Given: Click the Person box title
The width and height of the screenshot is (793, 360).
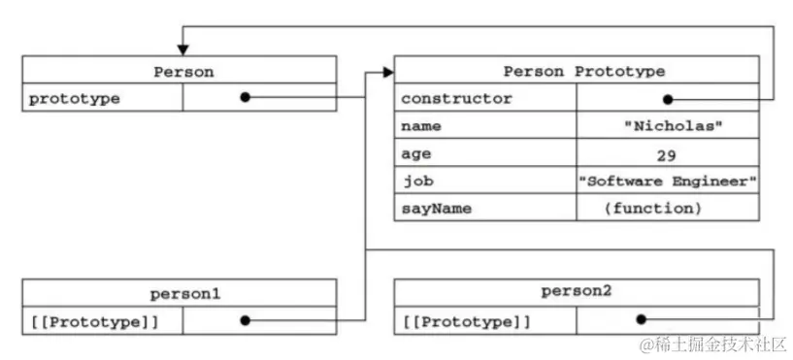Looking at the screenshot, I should pos(182,71).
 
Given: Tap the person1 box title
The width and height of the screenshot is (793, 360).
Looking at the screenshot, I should pos(182,292).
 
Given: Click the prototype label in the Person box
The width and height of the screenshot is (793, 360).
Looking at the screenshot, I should pos(76,98).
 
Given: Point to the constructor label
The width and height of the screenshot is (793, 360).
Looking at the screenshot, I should pos(456,98).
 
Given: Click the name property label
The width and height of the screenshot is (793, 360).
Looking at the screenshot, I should pos(420,126).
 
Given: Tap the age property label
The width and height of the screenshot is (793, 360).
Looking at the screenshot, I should pos(416,153).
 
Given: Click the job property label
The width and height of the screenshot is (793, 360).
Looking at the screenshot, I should pos(416,180).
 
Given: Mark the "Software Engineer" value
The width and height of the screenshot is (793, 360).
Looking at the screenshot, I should pos(667,180).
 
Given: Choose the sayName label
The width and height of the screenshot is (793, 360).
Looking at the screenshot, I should pos(433,208).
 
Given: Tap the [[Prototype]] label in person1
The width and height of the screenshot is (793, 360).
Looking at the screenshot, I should pos(93,319).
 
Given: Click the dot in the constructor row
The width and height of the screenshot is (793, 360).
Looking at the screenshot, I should pos(668,98).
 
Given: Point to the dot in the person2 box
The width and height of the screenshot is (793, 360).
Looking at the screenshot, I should pos(641,319).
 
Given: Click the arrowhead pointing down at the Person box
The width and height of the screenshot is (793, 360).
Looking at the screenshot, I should pos(181,49).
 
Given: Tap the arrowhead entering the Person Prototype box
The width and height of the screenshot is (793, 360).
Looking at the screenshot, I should pos(388,72).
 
